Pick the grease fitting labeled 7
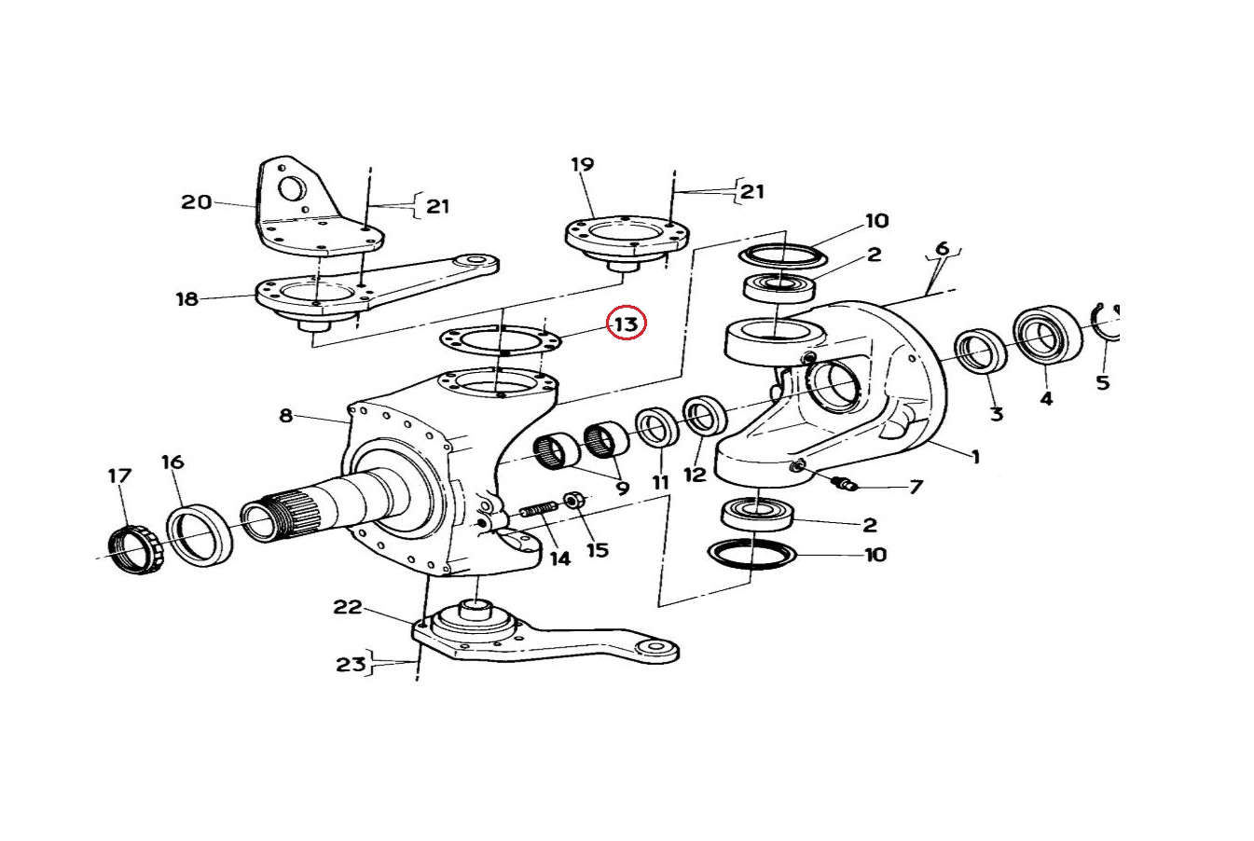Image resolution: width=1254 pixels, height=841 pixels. pos(847,483)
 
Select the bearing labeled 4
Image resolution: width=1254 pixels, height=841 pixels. pos(1046,334)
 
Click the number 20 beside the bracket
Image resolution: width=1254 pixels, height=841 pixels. pos(196,201)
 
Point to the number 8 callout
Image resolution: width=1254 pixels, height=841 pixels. pos(286,415)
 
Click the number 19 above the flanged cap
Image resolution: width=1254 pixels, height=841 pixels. pos(582,165)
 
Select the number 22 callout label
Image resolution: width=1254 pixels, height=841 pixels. pos(347,607)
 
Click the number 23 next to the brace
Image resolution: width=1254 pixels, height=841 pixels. pos(351,665)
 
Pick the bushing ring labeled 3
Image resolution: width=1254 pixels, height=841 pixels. pos(981,352)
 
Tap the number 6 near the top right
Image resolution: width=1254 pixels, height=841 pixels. pos(942,248)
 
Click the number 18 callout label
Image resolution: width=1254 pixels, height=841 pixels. pos(187,298)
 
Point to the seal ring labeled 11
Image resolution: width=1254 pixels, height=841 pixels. pos(657,427)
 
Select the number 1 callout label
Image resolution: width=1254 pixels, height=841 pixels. pos(975,457)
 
